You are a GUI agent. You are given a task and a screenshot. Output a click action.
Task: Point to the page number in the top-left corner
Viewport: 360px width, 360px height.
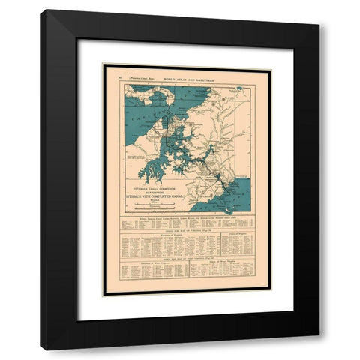[109, 77]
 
